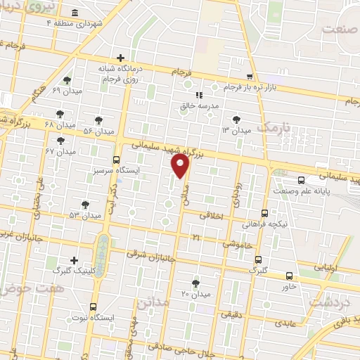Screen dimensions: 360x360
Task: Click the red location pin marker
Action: pos(181,166)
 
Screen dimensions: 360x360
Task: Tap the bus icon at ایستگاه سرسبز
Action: pos(116,160)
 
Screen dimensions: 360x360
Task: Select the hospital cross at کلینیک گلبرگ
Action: pos(74,260)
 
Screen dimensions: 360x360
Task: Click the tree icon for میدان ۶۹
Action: pos(67,80)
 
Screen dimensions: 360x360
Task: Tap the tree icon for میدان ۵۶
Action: pos(98,120)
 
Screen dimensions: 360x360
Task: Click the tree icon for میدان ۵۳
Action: pos(85,205)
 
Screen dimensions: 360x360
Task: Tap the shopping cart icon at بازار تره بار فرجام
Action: pos(250,76)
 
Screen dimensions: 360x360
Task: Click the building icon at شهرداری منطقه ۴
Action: pos(75,13)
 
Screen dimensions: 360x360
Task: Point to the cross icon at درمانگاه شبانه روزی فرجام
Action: pos(121,58)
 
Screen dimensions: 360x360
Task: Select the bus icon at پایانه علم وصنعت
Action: pos(301,180)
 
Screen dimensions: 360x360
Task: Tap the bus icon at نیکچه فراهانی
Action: pos(264,213)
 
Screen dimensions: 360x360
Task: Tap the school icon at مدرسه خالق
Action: pos(198,95)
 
